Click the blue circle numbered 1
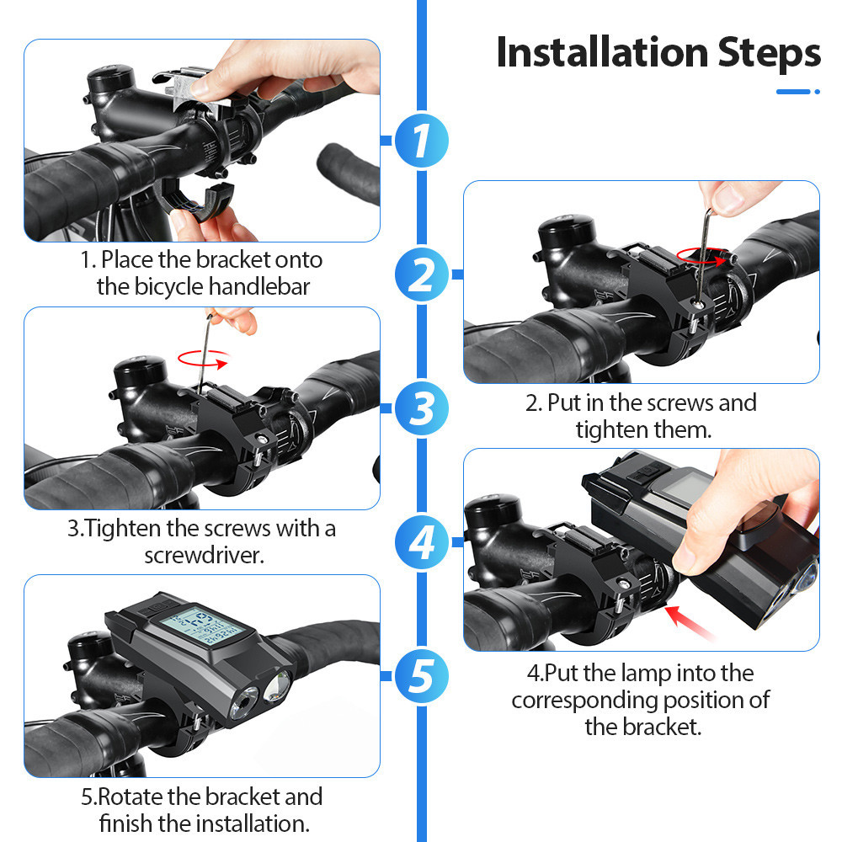422,140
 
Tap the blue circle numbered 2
422,274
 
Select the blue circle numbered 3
422,408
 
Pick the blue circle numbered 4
422,541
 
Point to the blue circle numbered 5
422,676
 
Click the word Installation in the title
603,52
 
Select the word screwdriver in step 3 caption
204,555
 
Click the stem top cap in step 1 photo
110,82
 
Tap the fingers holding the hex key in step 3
234,319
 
